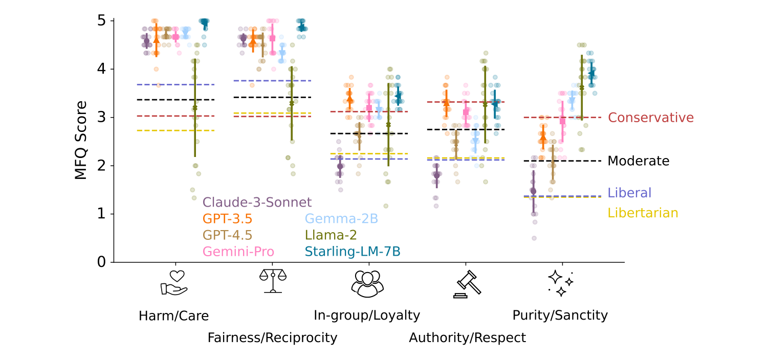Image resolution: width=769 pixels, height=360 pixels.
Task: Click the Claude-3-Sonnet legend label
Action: pyautogui.click(x=257, y=202)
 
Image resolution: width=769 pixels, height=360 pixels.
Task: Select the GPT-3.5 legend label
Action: pyautogui.click(x=227, y=218)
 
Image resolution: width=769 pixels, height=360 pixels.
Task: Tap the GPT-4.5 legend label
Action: pyautogui.click(x=227, y=235)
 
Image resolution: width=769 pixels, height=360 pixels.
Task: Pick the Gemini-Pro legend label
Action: pyautogui.click(x=238, y=251)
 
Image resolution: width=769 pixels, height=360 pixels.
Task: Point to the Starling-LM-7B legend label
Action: pyautogui.click(x=353, y=251)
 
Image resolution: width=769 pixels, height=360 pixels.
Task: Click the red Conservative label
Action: pyautogui.click(x=650, y=118)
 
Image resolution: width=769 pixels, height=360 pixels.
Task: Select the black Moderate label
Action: pyautogui.click(x=638, y=161)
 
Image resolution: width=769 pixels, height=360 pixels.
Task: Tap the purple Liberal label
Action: pyautogui.click(x=629, y=193)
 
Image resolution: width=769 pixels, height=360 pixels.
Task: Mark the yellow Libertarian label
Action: pyautogui.click(x=643, y=213)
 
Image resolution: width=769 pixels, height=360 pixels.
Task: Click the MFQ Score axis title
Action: pyautogui.click(x=81, y=140)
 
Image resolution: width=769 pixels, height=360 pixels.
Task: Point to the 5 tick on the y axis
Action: pyautogui.click(x=102, y=21)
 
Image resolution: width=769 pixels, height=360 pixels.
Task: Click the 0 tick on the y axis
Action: pyautogui.click(x=102, y=262)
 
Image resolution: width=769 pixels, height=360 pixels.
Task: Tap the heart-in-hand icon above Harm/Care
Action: pyautogui.click(x=173, y=283)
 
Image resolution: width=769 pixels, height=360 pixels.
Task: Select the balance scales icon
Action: pyautogui.click(x=273, y=281)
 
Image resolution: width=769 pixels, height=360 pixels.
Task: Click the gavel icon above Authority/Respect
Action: pyautogui.click(x=467, y=283)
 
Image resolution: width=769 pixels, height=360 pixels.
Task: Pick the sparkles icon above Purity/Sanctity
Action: pyautogui.click(x=560, y=283)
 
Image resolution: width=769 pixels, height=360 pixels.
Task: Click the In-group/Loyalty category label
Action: pyautogui.click(x=367, y=316)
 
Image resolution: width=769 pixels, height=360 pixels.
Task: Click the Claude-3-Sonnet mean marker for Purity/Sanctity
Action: pyautogui.click(x=533, y=191)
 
